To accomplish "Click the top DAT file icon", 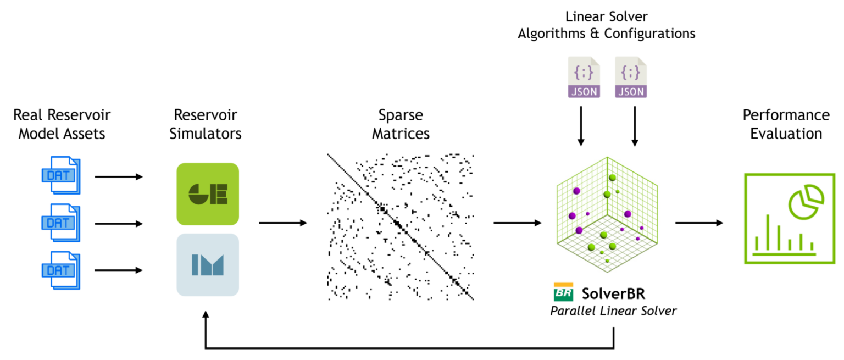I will [x=61, y=175].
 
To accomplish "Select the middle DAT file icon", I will [x=61, y=223].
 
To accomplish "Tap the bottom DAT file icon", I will [x=61, y=270].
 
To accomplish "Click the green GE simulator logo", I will [x=208, y=194].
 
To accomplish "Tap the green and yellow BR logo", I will [x=563, y=292].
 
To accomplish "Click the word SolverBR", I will [x=613, y=292].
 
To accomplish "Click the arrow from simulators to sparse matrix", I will [x=282, y=223].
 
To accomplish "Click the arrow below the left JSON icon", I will [x=580, y=126].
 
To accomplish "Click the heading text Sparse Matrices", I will [x=401, y=124].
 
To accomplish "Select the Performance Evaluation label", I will [x=786, y=124].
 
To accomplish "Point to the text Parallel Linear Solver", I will [x=613, y=311].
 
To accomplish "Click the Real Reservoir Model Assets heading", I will [x=62, y=124].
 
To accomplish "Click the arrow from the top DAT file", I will [x=119, y=177].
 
